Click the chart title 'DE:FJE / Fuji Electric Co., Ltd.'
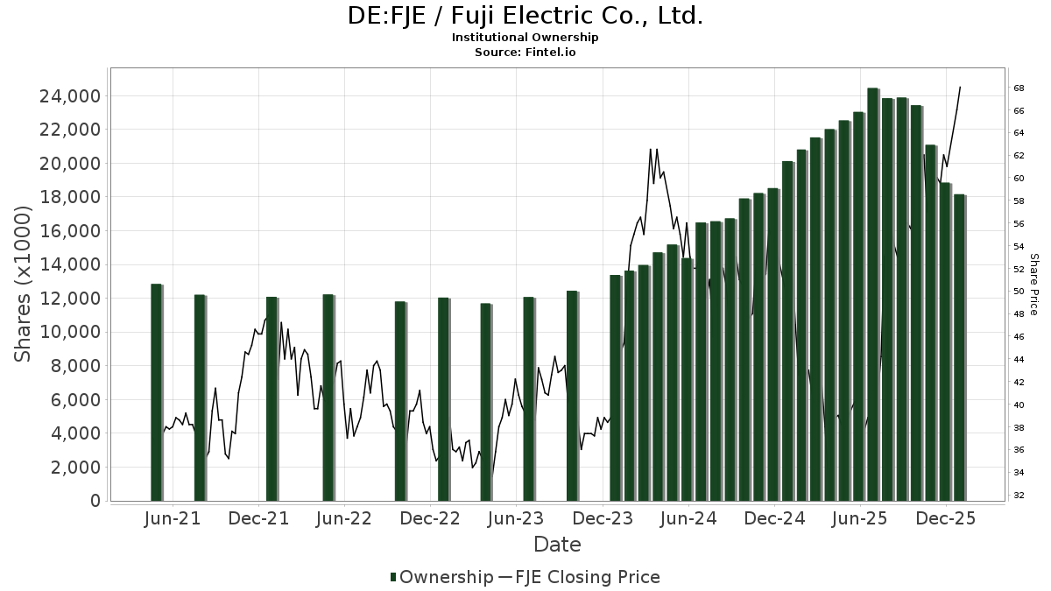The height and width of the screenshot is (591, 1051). [525, 16]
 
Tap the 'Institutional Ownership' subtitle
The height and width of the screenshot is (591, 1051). [525, 38]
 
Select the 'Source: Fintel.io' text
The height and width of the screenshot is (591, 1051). [525, 53]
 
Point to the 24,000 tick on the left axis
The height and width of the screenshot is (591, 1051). [69, 96]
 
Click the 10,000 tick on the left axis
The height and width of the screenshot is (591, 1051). [69, 333]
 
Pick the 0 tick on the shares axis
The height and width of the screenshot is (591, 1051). [94, 501]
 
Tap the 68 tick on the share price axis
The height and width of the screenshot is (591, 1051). [1019, 88]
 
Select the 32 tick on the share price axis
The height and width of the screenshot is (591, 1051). [1019, 496]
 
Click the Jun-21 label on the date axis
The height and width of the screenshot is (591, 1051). [173, 519]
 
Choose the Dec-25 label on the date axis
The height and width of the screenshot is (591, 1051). [947, 519]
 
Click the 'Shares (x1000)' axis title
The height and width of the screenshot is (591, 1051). [24, 284]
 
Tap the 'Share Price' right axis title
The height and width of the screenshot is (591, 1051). [1033, 285]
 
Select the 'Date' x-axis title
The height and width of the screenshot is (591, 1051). [557, 545]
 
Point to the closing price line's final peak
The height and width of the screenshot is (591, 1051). [960, 88]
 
